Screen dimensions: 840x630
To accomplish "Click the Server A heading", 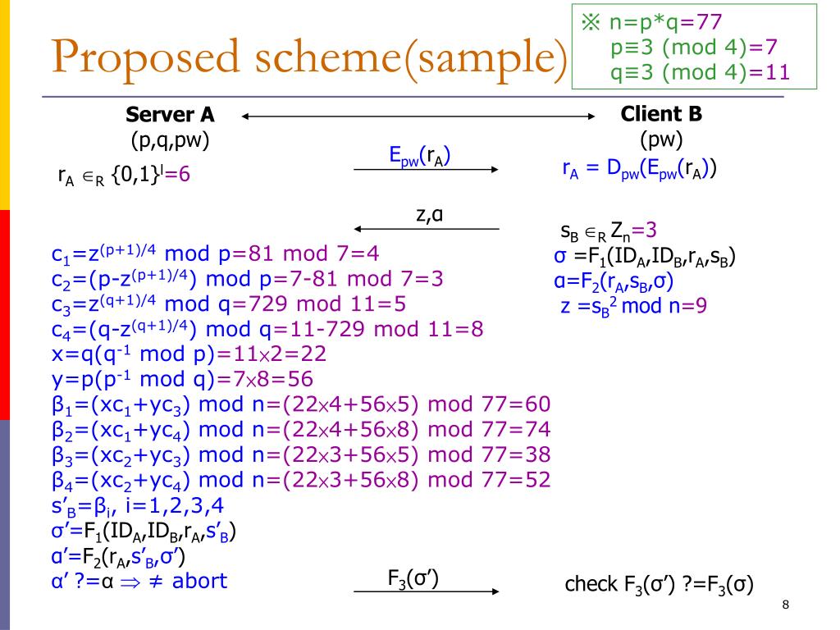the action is (x=170, y=115).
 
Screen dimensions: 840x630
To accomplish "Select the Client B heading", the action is (x=661, y=114).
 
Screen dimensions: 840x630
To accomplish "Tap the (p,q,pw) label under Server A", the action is (x=170, y=140).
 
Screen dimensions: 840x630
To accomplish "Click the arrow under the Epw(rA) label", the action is (x=426, y=169).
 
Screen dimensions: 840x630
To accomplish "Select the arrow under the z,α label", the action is (x=426, y=227).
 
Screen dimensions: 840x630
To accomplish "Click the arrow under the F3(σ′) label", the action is (x=426, y=590).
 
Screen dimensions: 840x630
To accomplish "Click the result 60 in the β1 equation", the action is (x=534, y=404).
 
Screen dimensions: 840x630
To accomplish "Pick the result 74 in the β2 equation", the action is (x=534, y=429).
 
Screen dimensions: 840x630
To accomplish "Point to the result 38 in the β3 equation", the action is (x=534, y=454).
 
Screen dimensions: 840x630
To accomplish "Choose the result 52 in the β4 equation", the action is (x=534, y=479).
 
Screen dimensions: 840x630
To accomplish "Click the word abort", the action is (x=199, y=581).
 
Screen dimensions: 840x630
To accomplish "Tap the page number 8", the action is (x=786, y=605).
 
